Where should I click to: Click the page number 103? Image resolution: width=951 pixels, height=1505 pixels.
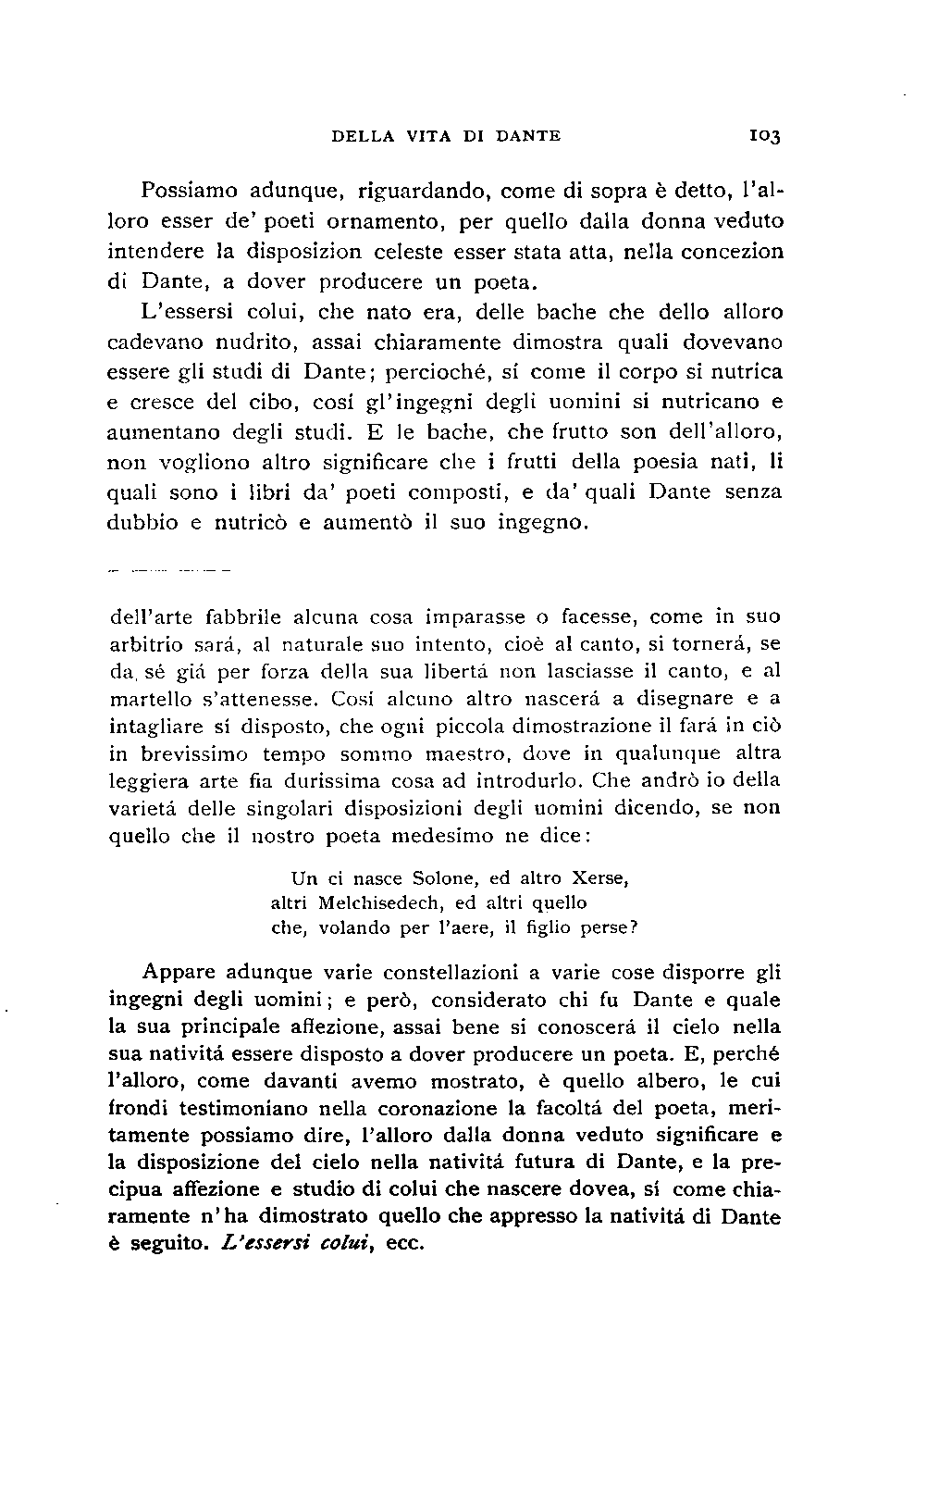766,137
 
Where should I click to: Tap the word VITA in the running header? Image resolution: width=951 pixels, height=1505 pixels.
427,136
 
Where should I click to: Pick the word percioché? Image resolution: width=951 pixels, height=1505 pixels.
445,372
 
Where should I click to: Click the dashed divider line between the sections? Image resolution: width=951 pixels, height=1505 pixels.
167,570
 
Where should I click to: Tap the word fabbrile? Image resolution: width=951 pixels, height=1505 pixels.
244,616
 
